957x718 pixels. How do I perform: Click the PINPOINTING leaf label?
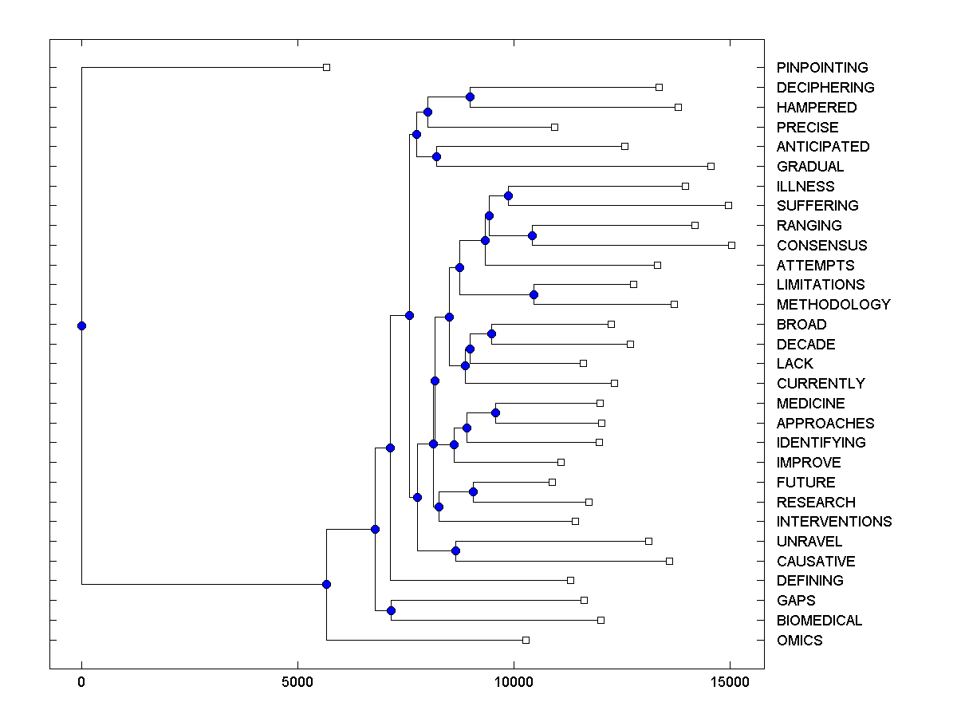coord(821,68)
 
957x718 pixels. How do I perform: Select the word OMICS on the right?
coord(799,641)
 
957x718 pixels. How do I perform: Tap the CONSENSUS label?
coord(821,246)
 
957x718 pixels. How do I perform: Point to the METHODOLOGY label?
coord(833,305)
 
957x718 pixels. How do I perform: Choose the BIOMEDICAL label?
coord(819,621)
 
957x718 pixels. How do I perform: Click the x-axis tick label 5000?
coord(297,683)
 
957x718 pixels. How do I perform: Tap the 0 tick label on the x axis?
coord(81,683)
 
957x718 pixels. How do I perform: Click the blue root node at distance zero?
coord(81,325)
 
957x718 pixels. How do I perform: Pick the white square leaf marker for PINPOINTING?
coord(326,68)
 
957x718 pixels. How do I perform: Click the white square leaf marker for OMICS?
coord(526,640)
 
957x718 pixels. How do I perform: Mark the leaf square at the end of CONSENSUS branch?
coord(731,245)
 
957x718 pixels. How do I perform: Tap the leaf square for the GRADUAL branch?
coord(711,166)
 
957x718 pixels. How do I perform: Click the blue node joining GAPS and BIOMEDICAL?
coord(391,610)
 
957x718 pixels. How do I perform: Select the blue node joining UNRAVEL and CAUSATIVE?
coord(455,550)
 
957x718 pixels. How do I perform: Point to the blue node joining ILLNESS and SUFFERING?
coord(508,195)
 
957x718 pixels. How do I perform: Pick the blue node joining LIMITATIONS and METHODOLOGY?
coord(534,294)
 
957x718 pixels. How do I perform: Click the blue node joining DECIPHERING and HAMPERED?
coord(470,97)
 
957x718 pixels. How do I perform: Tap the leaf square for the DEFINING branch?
coord(570,580)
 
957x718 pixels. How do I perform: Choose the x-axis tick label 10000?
coord(514,683)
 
